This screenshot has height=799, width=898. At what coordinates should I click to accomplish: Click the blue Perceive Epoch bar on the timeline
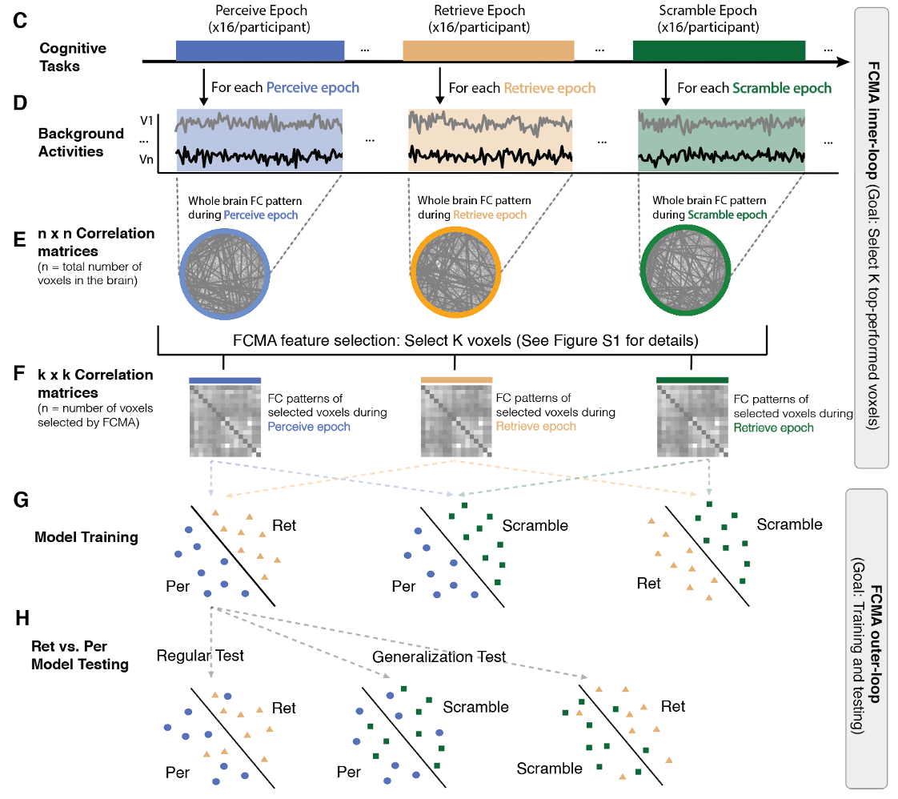260,50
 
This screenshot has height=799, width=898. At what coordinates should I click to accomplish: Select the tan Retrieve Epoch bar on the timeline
488,50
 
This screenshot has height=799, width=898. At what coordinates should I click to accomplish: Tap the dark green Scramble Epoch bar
719,50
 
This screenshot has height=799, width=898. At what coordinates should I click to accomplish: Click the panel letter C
20,20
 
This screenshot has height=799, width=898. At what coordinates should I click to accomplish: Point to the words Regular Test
200,656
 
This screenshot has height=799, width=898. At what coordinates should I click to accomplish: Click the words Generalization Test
439,656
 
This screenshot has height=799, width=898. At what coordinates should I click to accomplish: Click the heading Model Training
86,537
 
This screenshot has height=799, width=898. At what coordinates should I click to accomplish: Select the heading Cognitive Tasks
72,57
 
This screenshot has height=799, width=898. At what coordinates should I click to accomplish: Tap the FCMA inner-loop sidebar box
870,236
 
